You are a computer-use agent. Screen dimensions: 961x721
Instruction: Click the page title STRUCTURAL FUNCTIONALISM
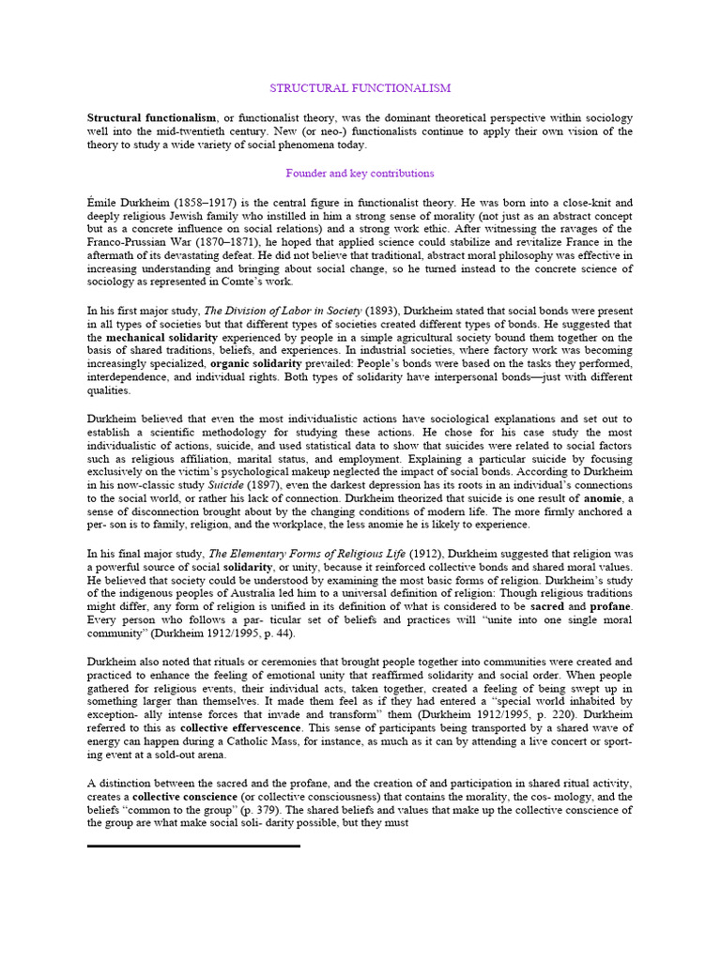click(x=360, y=88)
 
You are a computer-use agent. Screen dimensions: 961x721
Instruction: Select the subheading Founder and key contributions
click(x=360, y=174)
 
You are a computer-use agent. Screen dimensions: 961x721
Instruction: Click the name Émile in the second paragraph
click(x=102, y=203)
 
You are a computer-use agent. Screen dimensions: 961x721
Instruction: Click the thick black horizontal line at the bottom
click(x=193, y=846)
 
